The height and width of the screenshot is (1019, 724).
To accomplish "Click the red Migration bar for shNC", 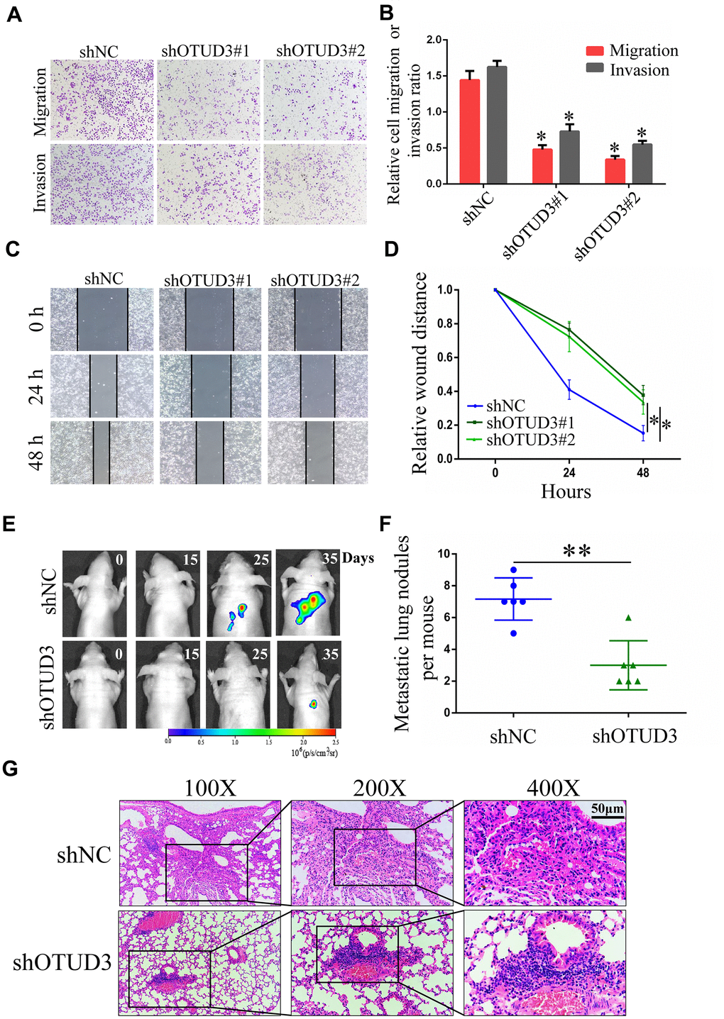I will coord(469,132).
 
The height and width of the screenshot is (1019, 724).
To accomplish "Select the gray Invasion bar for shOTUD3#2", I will coord(642,164).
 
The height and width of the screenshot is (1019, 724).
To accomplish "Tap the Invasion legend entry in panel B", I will coord(639,70).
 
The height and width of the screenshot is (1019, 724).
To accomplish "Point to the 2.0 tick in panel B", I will coord(432,40).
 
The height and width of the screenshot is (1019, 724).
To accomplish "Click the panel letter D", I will coord(391,249).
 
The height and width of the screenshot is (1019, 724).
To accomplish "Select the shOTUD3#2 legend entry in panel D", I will coord(530,440).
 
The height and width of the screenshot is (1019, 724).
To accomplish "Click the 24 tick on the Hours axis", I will coord(569,472).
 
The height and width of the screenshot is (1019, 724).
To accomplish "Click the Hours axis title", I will coord(566,491).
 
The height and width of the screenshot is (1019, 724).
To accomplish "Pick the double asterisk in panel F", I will coord(576,552).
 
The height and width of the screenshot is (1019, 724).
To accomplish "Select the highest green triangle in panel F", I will coord(628,618).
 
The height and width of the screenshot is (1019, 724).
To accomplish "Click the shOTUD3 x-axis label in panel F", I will coord(635,736).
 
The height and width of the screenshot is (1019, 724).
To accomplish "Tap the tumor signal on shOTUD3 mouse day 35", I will coord(313,704).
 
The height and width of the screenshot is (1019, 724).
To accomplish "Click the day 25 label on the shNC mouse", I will coord(261,559).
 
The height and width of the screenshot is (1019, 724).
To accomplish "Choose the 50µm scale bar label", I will coord(608,808).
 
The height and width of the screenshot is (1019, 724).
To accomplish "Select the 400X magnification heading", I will coord(553,788).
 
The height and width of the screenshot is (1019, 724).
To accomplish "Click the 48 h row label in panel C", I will coord(37,452).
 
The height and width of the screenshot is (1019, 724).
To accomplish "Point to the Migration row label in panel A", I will coord(40,101).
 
